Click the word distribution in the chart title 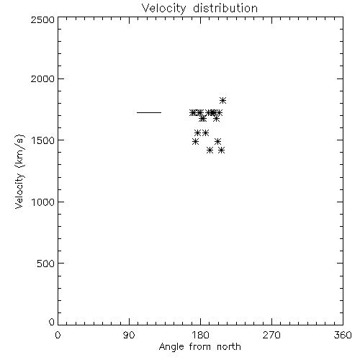(x=225, y=8)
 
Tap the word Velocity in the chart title (x=164, y=9)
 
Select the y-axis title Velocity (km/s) (x=19, y=171)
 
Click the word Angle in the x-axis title (x=171, y=347)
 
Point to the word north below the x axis (x=229, y=346)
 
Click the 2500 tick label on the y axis (x=42, y=19)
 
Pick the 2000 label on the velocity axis (x=42, y=78)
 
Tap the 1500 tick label (x=43, y=140)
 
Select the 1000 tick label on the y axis (x=43, y=202)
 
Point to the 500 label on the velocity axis (x=46, y=264)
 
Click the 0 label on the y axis (x=52, y=322)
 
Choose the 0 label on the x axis (x=58, y=335)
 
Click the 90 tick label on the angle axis (x=129, y=335)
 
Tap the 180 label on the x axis (x=200, y=335)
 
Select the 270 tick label (x=271, y=335)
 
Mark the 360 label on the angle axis (x=343, y=335)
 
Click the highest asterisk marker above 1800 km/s (x=222, y=100)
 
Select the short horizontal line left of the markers (x=149, y=112)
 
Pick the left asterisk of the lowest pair (x=210, y=150)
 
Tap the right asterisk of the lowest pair (x=221, y=150)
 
